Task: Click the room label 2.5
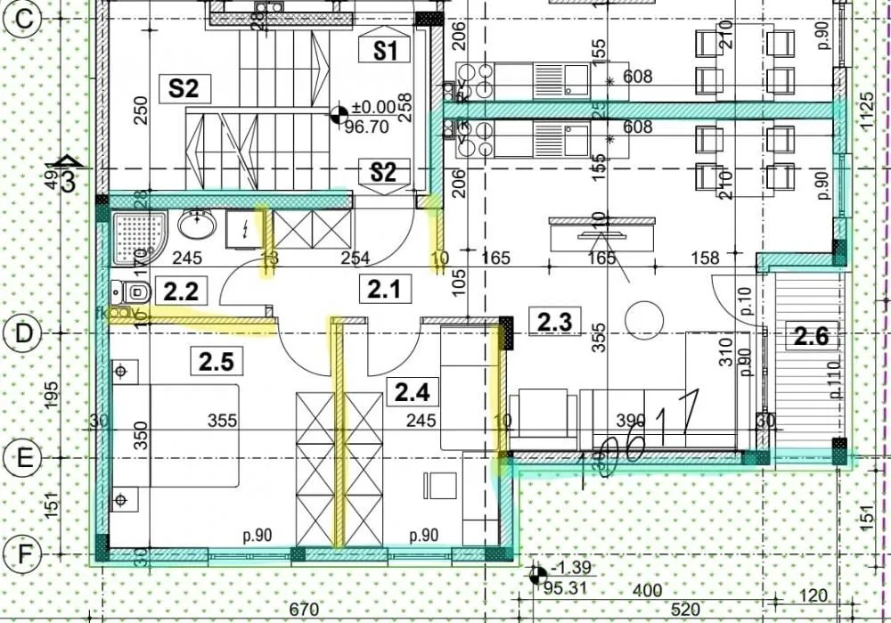click(x=216, y=361)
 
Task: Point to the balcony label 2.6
click(x=812, y=337)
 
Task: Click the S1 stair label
click(x=384, y=51)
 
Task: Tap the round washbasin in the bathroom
click(x=196, y=225)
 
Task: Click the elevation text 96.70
click(x=366, y=127)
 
